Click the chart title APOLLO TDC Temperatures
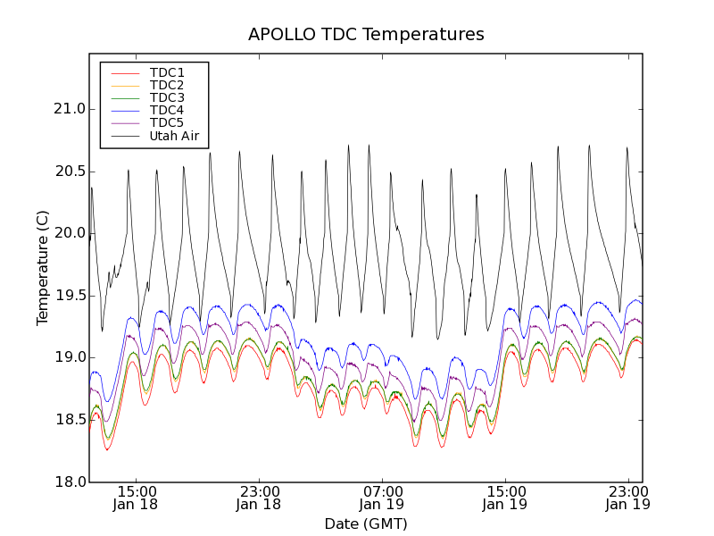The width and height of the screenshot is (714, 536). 366,35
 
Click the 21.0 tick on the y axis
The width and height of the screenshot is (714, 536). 69,109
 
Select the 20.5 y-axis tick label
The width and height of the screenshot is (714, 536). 69,172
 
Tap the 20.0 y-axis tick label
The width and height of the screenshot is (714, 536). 69,233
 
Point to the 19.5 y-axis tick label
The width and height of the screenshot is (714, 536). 69,296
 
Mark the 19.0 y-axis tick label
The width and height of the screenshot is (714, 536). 69,357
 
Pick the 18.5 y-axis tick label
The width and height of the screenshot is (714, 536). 69,420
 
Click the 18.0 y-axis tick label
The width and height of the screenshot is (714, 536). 69,482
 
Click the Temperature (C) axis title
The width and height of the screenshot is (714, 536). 43,268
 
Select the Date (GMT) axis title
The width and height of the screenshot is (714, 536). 366,523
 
